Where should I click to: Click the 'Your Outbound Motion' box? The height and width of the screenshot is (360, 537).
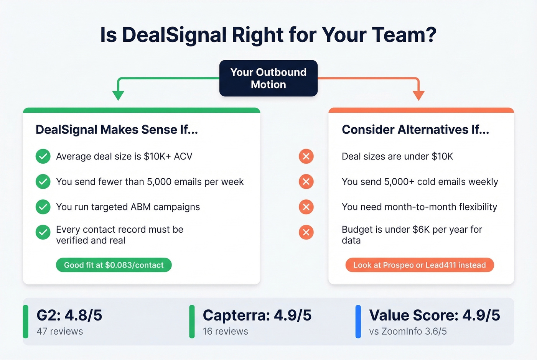point(268,78)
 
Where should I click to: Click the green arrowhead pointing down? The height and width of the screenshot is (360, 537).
point(118,95)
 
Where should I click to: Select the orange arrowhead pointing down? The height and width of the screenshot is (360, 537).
point(418,95)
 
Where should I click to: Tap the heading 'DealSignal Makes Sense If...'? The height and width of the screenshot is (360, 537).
point(117,130)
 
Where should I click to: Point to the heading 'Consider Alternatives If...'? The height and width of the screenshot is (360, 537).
point(415,130)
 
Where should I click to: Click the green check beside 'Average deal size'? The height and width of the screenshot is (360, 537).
point(43,156)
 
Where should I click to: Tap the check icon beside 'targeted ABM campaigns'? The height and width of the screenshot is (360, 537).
point(43,207)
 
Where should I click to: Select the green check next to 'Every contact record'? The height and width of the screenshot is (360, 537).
point(43,232)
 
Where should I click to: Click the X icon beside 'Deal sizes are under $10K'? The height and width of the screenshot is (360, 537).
point(306,156)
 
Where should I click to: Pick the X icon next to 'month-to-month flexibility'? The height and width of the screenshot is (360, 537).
point(306,207)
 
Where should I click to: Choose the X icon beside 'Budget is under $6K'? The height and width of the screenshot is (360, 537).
point(306,232)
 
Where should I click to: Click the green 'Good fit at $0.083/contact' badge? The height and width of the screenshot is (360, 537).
point(114,265)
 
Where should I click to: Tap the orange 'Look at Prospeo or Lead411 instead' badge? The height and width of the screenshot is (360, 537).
point(420,265)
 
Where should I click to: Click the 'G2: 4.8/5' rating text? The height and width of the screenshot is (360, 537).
point(69,315)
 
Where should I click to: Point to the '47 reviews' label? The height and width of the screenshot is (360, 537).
point(60,331)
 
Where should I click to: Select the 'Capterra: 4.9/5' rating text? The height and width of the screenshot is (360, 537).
point(257,315)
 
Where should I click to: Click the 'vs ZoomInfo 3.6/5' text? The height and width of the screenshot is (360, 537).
point(408,331)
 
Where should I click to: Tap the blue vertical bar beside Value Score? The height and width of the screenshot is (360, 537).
point(358,322)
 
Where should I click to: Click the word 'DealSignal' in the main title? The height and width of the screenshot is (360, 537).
point(175,35)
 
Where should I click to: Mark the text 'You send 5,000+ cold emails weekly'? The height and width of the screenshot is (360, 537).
point(420,182)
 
